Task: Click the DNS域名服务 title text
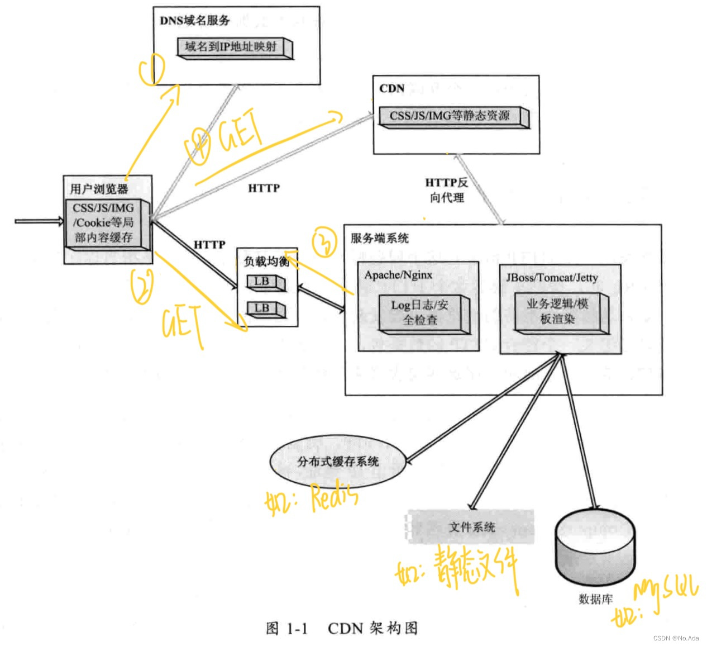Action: click(194, 21)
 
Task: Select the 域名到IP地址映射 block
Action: click(234, 47)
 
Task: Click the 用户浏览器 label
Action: click(99, 189)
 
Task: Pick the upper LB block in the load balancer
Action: click(265, 282)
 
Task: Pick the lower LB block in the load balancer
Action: click(265, 308)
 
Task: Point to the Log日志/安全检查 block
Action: click(422, 313)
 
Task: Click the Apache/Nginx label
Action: click(398, 275)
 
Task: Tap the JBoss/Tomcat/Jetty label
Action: click(552, 278)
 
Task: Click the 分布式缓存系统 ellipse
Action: click(338, 462)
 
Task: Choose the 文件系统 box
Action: click(471, 526)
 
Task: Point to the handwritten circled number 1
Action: click(152, 70)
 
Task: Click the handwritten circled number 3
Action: click(325, 242)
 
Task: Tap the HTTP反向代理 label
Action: click(447, 190)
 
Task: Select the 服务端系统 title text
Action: click(380, 238)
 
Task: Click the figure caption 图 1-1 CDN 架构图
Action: click(342, 628)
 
